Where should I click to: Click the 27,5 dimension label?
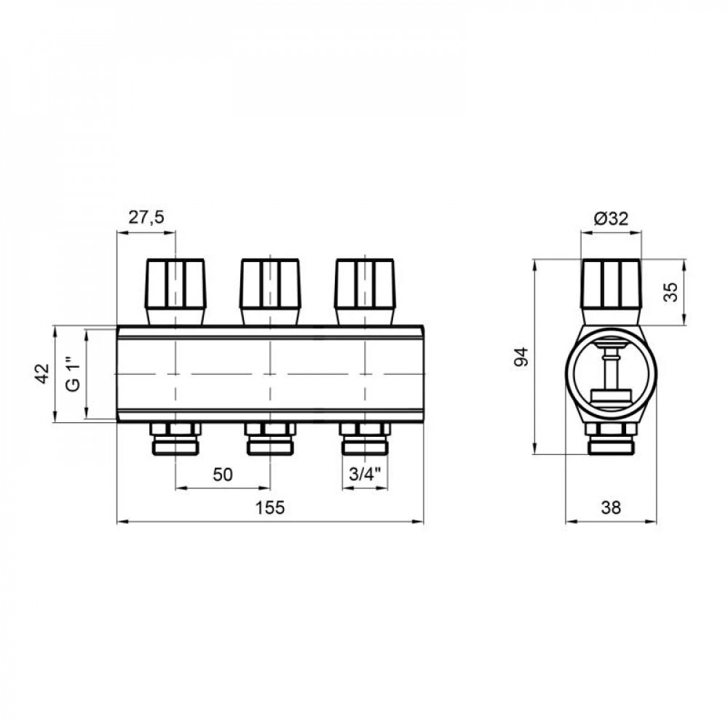point(146,217)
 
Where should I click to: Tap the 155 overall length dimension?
point(270,507)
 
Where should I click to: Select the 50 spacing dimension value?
point(222,475)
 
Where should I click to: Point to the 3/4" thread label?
point(365,474)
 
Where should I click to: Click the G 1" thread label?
point(74,373)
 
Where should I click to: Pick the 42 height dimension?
point(42,373)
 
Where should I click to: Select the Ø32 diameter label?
point(611,218)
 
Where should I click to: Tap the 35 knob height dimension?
point(670,292)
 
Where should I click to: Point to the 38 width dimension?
point(611,508)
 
